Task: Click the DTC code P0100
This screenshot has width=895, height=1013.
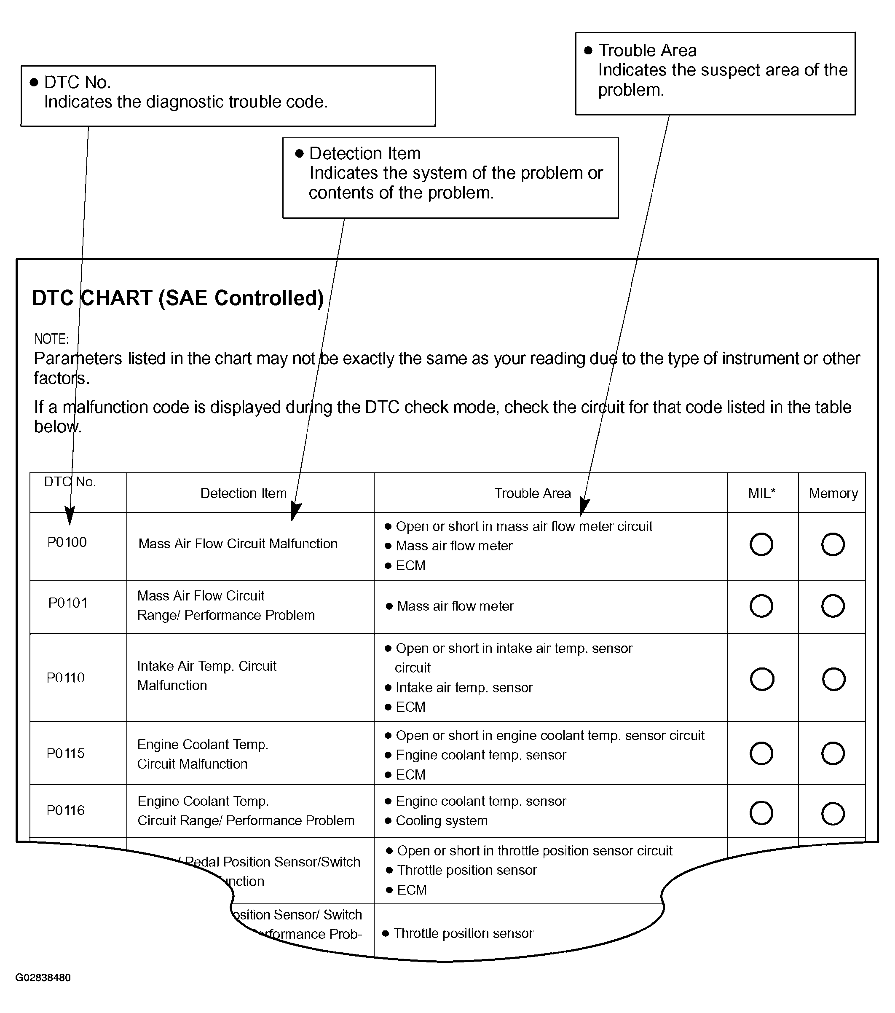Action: click(x=67, y=542)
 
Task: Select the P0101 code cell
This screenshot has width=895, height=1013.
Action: click(x=68, y=603)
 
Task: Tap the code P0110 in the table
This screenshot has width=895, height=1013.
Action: click(x=65, y=678)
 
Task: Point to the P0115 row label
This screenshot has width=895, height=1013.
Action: click(x=65, y=753)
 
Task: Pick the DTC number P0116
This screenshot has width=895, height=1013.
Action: click(x=65, y=810)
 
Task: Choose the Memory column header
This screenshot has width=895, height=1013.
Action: click(x=833, y=493)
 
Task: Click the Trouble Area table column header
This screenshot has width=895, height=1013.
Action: click(x=533, y=493)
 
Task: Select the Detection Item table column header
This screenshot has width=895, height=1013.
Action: click(x=243, y=493)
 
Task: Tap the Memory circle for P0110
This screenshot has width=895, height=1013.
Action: click(x=833, y=679)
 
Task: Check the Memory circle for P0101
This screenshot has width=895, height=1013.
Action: click(x=833, y=606)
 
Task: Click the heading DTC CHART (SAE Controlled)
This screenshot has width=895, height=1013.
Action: click(x=178, y=298)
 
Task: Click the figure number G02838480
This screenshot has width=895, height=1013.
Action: click(x=43, y=978)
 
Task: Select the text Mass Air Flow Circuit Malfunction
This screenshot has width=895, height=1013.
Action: click(x=238, y=544)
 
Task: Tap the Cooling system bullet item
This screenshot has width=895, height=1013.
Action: click(x=442, y=821)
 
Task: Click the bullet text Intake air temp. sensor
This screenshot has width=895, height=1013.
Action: click(x=464, y=687)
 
